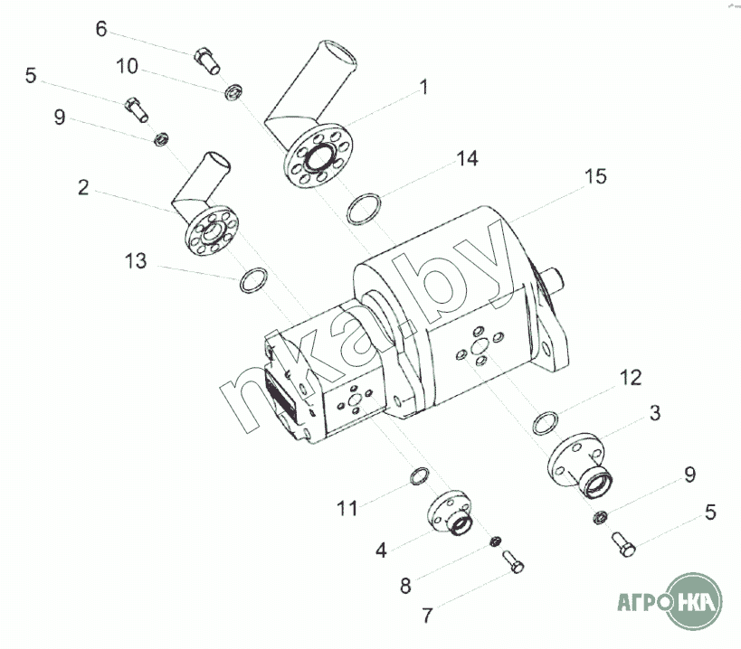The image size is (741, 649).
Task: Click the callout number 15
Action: [x=595, y=176]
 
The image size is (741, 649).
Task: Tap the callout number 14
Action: [x=467, y=158]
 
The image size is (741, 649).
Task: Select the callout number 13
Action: [x=136, y=261]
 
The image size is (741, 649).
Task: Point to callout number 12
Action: [x=631, y=378]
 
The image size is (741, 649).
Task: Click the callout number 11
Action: [x=347, y=509]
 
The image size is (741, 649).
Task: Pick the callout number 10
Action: [x=127, y=67]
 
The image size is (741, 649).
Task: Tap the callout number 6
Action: [x=101, y=29]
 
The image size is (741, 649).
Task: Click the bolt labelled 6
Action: [x=206, y=61]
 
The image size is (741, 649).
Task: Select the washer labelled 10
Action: [x=233, y=91]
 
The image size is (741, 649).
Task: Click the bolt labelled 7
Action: [x=513, y=561]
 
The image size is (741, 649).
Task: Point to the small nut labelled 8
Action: [x=495, y=541]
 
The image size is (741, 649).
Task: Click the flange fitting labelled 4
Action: [x=450, y=513]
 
